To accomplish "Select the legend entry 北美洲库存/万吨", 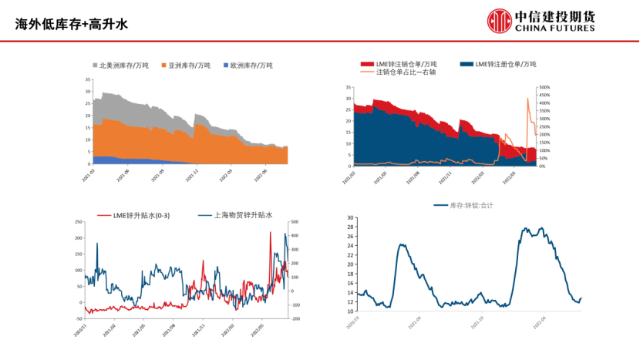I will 123,66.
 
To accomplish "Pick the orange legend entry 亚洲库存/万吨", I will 189,66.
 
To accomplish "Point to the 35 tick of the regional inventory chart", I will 86,79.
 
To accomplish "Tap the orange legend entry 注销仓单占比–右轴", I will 406,72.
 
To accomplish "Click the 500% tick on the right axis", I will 544,88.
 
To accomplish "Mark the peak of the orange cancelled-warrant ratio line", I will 528,99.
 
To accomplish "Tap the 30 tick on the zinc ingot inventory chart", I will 350,218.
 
